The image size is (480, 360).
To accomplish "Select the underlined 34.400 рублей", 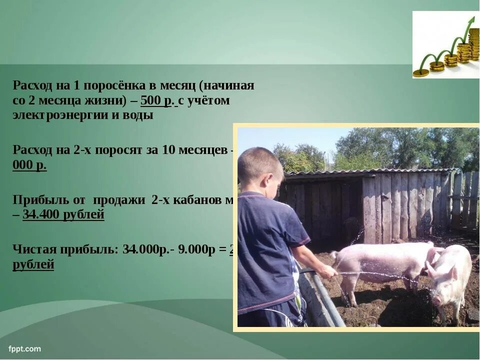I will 63,215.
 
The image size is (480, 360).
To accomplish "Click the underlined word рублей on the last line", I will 33,265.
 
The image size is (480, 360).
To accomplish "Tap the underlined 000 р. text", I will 29,165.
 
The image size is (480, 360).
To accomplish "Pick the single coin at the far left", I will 420,73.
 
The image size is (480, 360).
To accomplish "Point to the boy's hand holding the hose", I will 329,271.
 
